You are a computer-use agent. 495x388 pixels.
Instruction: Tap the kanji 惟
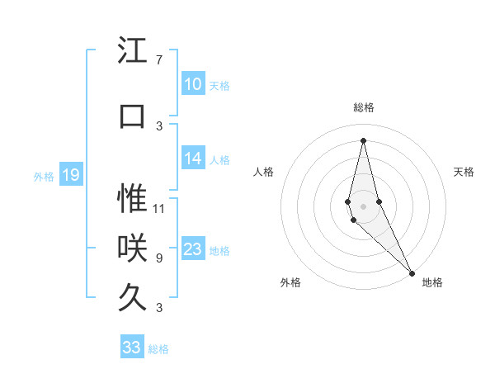[x=133, y=199]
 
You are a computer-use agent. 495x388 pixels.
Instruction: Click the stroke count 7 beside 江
[x=159, y=60]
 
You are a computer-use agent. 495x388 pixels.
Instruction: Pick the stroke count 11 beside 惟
[x=159, y=208]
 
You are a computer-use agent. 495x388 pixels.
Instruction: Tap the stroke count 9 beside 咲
[x=159, y=258]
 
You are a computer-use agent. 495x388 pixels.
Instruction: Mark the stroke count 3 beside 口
[x=159, y=125]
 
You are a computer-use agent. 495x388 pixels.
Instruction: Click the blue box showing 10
[x=192, y=84]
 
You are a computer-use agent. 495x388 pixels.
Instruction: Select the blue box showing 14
[x=192, y=159]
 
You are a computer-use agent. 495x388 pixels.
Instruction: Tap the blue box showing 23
[x=192, y=249]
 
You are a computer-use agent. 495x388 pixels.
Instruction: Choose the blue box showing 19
[x=71, y=175]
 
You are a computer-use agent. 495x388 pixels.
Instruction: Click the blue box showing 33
[x=132, y=347]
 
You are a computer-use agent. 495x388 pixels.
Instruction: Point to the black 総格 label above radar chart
[x=364, y=107]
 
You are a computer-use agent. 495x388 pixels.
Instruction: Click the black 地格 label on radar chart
[x=432, y=282]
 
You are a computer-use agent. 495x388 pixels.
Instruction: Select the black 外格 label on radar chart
[x=290, y=282]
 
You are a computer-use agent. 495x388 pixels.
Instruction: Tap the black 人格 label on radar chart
[x=263, y=172]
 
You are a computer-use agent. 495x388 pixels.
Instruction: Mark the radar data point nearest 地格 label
[x=412, y=272]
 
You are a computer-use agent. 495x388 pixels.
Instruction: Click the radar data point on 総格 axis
[x=364, y=140]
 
